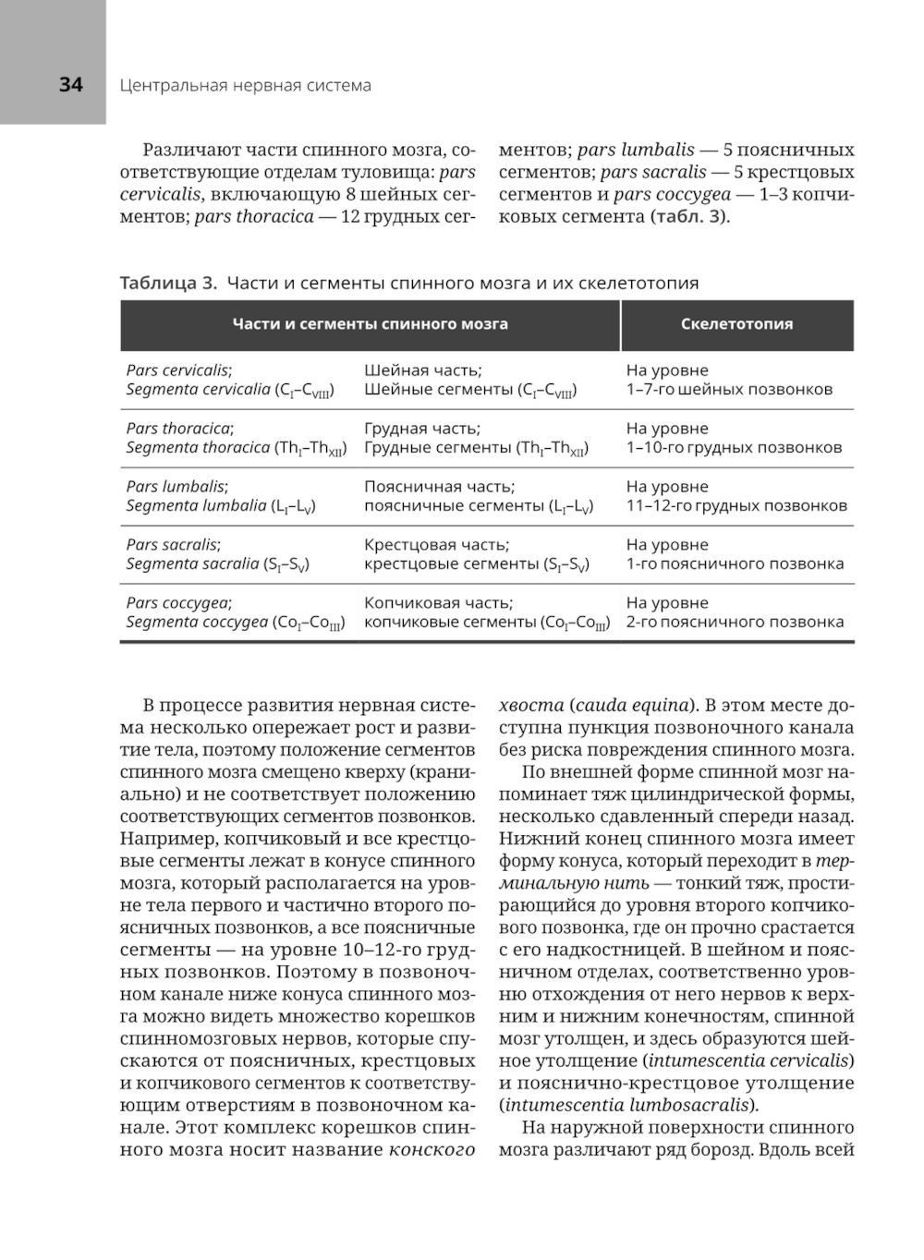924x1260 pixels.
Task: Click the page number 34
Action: pyautogui.click(x=70, y=85)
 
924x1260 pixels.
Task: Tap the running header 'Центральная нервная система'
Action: pyautogui.click(x=245, y=86)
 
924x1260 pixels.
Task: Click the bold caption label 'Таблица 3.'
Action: pyautogui.click(x=168, y=284)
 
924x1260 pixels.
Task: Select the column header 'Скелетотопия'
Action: pyautogui.click(x=736, y=324)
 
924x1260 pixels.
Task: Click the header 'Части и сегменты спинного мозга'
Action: pyautogui.click(x=370, y=324)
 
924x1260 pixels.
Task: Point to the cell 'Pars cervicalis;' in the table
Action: pyautogui.click(x=179, y=370)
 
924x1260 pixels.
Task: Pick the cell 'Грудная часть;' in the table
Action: pyautogui.click(x=422, y=429)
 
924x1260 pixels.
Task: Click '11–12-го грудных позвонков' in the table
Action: pyautogui.click(x=736, y=506)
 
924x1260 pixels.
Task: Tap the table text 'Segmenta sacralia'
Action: pyautogui.click(x=192, y=564)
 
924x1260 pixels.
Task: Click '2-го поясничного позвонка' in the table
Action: pyautogui.click(x=735, y=623)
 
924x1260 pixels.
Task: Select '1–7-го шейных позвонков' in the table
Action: pyautogui.click(x=729, y=390)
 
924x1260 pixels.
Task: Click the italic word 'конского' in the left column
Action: pyautogui.click(x=432, y=1150)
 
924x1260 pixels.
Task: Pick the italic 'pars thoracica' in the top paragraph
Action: pyautogui.click(x=254, y=217)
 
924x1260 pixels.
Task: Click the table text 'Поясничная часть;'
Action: pyautogui.click(x=439, y=487)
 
